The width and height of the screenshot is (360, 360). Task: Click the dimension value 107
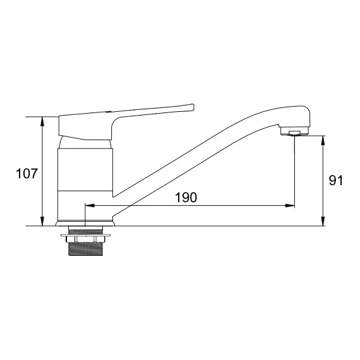[x=27, y=174]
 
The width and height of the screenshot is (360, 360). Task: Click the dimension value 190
[x=186, y=198]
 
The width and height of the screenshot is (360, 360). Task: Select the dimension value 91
[x=335, y=180]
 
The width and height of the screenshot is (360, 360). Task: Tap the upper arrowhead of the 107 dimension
[x=42, y=121]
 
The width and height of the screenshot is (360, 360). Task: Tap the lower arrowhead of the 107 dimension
[x=42, y=221]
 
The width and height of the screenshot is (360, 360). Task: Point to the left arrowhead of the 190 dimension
[x=90, y=205]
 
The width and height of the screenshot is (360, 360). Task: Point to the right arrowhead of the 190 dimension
[x=290, y=205]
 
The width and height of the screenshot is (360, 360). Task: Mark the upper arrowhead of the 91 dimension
[x=323, y=140]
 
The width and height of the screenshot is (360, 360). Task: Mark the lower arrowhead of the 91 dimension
[x=323, y=221]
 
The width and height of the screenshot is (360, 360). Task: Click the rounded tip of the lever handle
[x=193, y=107]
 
